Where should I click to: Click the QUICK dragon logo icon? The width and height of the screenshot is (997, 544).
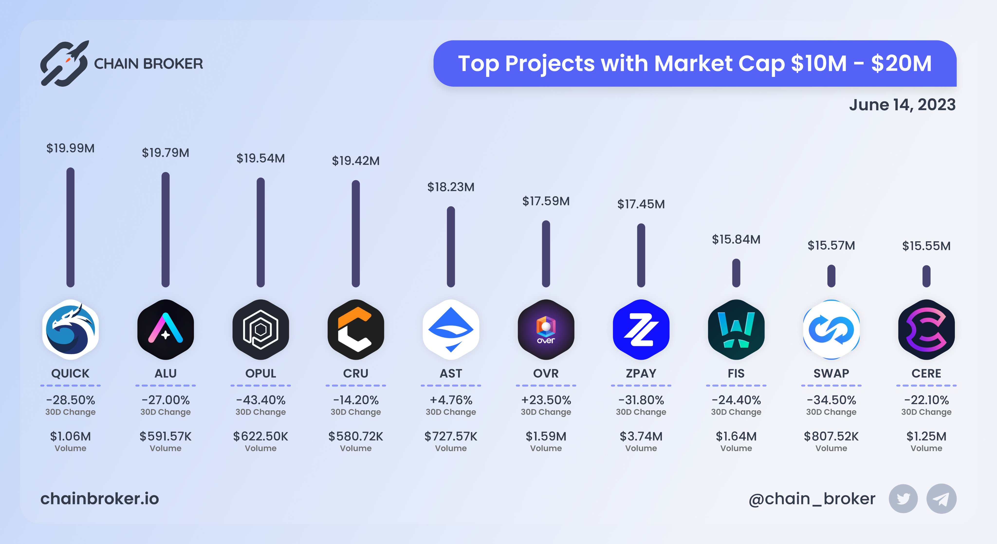tap(70, 329)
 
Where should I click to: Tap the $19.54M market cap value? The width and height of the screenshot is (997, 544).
tap(260, 158)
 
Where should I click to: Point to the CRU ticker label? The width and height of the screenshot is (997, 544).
tap(356, 373)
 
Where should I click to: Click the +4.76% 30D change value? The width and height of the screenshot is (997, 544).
tap(451, 400)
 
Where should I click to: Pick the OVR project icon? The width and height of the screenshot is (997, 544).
tap(546, 329)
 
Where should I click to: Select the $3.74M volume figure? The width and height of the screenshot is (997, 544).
tap(641, 436)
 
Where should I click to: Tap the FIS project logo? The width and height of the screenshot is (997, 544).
tap(736, 329)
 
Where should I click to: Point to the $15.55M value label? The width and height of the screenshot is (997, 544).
tap(926, 246)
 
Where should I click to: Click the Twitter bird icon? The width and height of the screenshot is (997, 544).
tap(903, 499)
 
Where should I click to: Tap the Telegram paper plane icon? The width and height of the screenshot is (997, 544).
tap(941, 499)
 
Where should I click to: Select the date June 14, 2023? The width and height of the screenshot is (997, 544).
tap(902, 105)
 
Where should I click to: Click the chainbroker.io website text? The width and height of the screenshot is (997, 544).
tap(100, 499)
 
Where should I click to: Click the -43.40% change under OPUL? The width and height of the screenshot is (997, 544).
tap(260, 400)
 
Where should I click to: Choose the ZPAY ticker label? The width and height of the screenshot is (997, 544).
tap(641, 373)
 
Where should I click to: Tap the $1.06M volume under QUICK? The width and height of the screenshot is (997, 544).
tap(70, 436)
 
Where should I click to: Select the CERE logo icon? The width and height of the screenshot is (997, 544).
tap(926, 329)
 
